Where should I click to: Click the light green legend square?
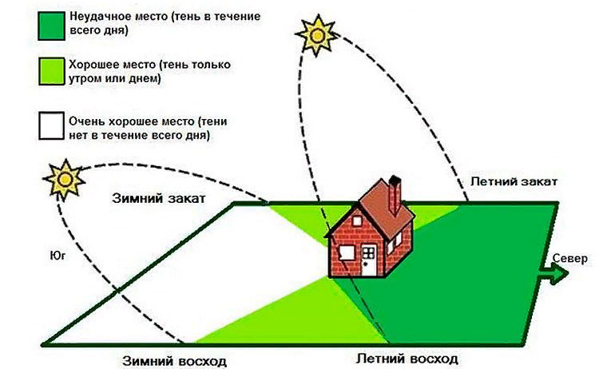pyautogui.click(x=54, y=72)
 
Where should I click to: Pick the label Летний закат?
pyautogui.click(x=514, y=182)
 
